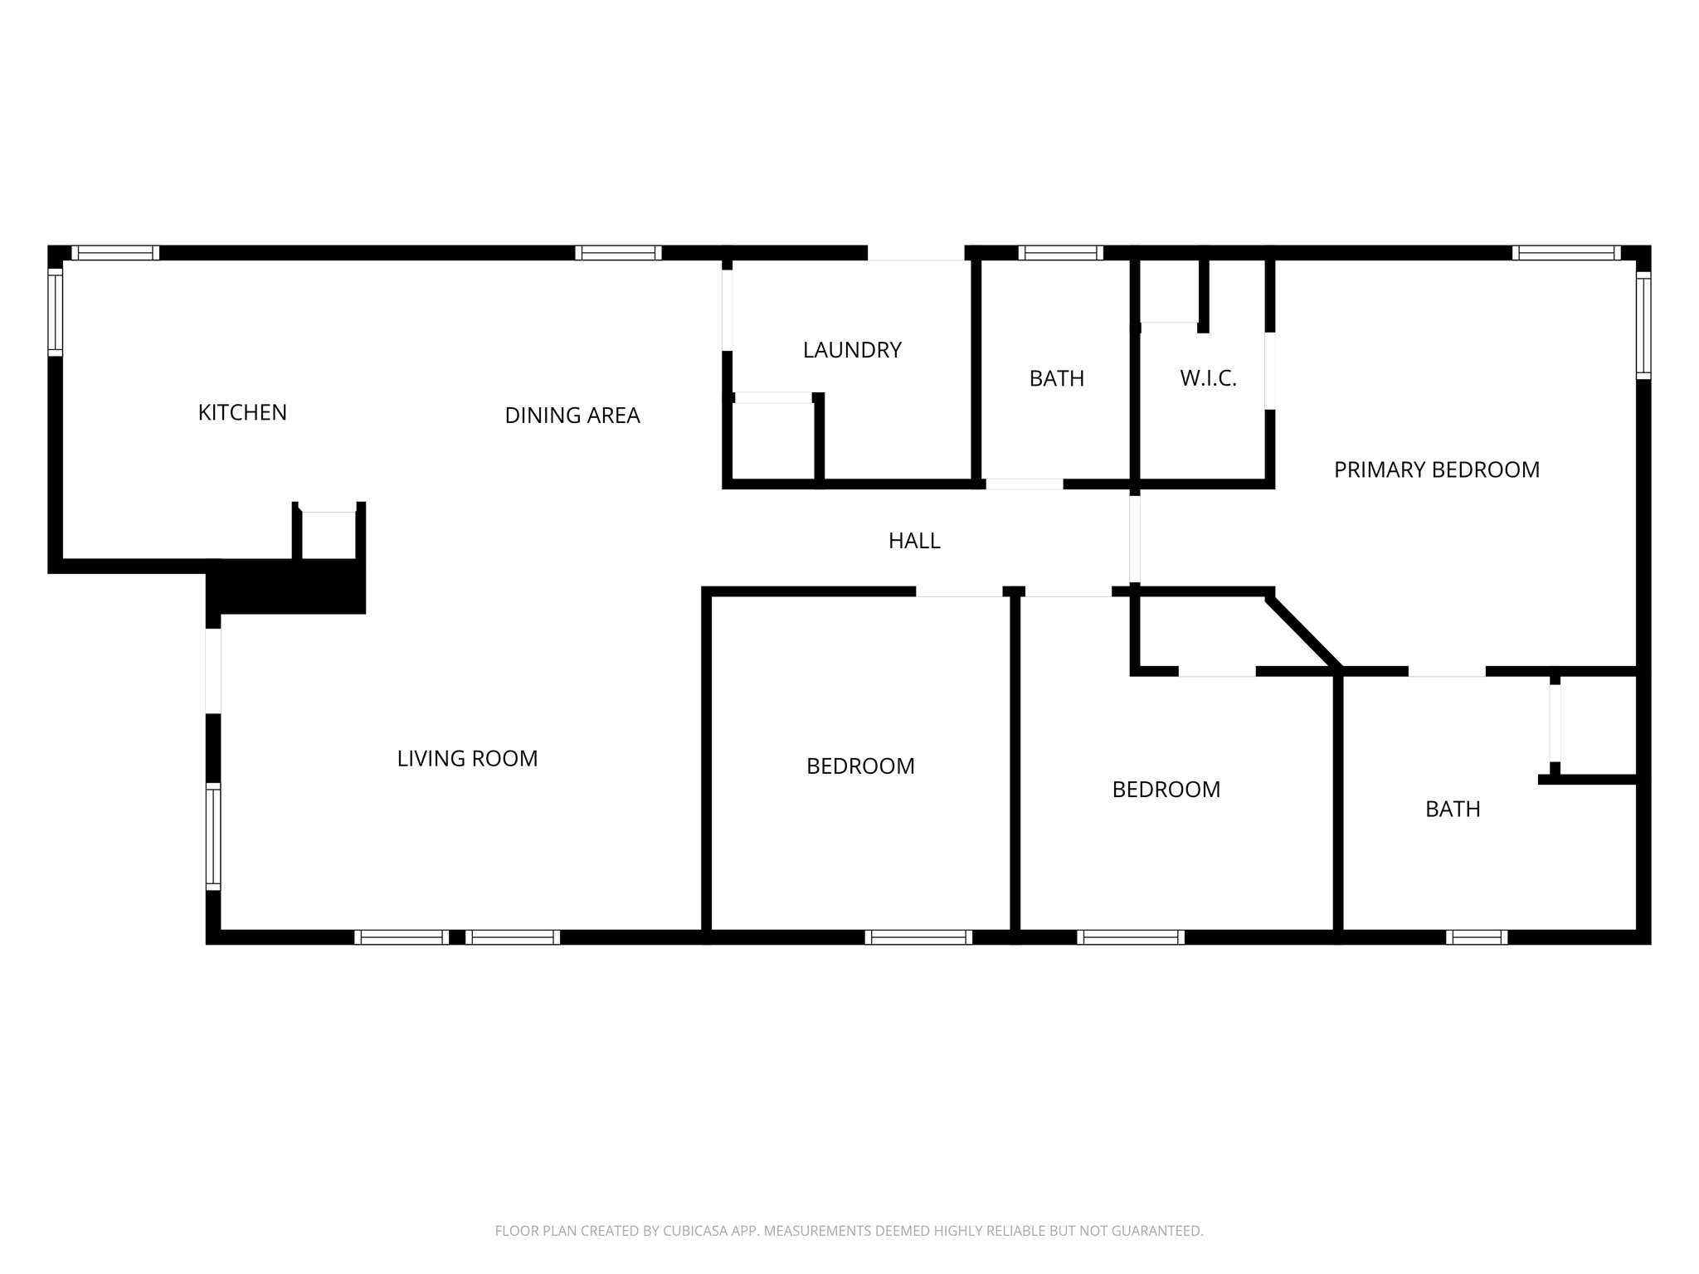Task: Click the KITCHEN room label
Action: [242, 412]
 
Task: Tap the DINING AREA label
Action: [572, 416]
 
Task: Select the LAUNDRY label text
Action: [852, 350]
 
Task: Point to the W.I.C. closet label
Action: [1208, 379]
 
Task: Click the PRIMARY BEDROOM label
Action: [1436, 469]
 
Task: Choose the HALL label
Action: [914, 541]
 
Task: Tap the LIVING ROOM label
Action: [467, 758]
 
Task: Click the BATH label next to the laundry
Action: [1056, 378]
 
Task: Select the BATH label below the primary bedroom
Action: [1453, 809]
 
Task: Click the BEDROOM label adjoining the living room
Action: [860, 766]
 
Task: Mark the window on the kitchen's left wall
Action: [56, 312]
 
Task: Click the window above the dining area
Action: [618, 253]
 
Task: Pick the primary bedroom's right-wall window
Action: [1643, 325]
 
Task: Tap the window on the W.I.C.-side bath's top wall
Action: [1060, 253]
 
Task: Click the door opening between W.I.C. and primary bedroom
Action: [1269, 371]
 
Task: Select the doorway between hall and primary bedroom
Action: [1135, 539]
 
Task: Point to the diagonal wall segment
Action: [1302, 630]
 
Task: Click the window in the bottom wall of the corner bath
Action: [1477, 937]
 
